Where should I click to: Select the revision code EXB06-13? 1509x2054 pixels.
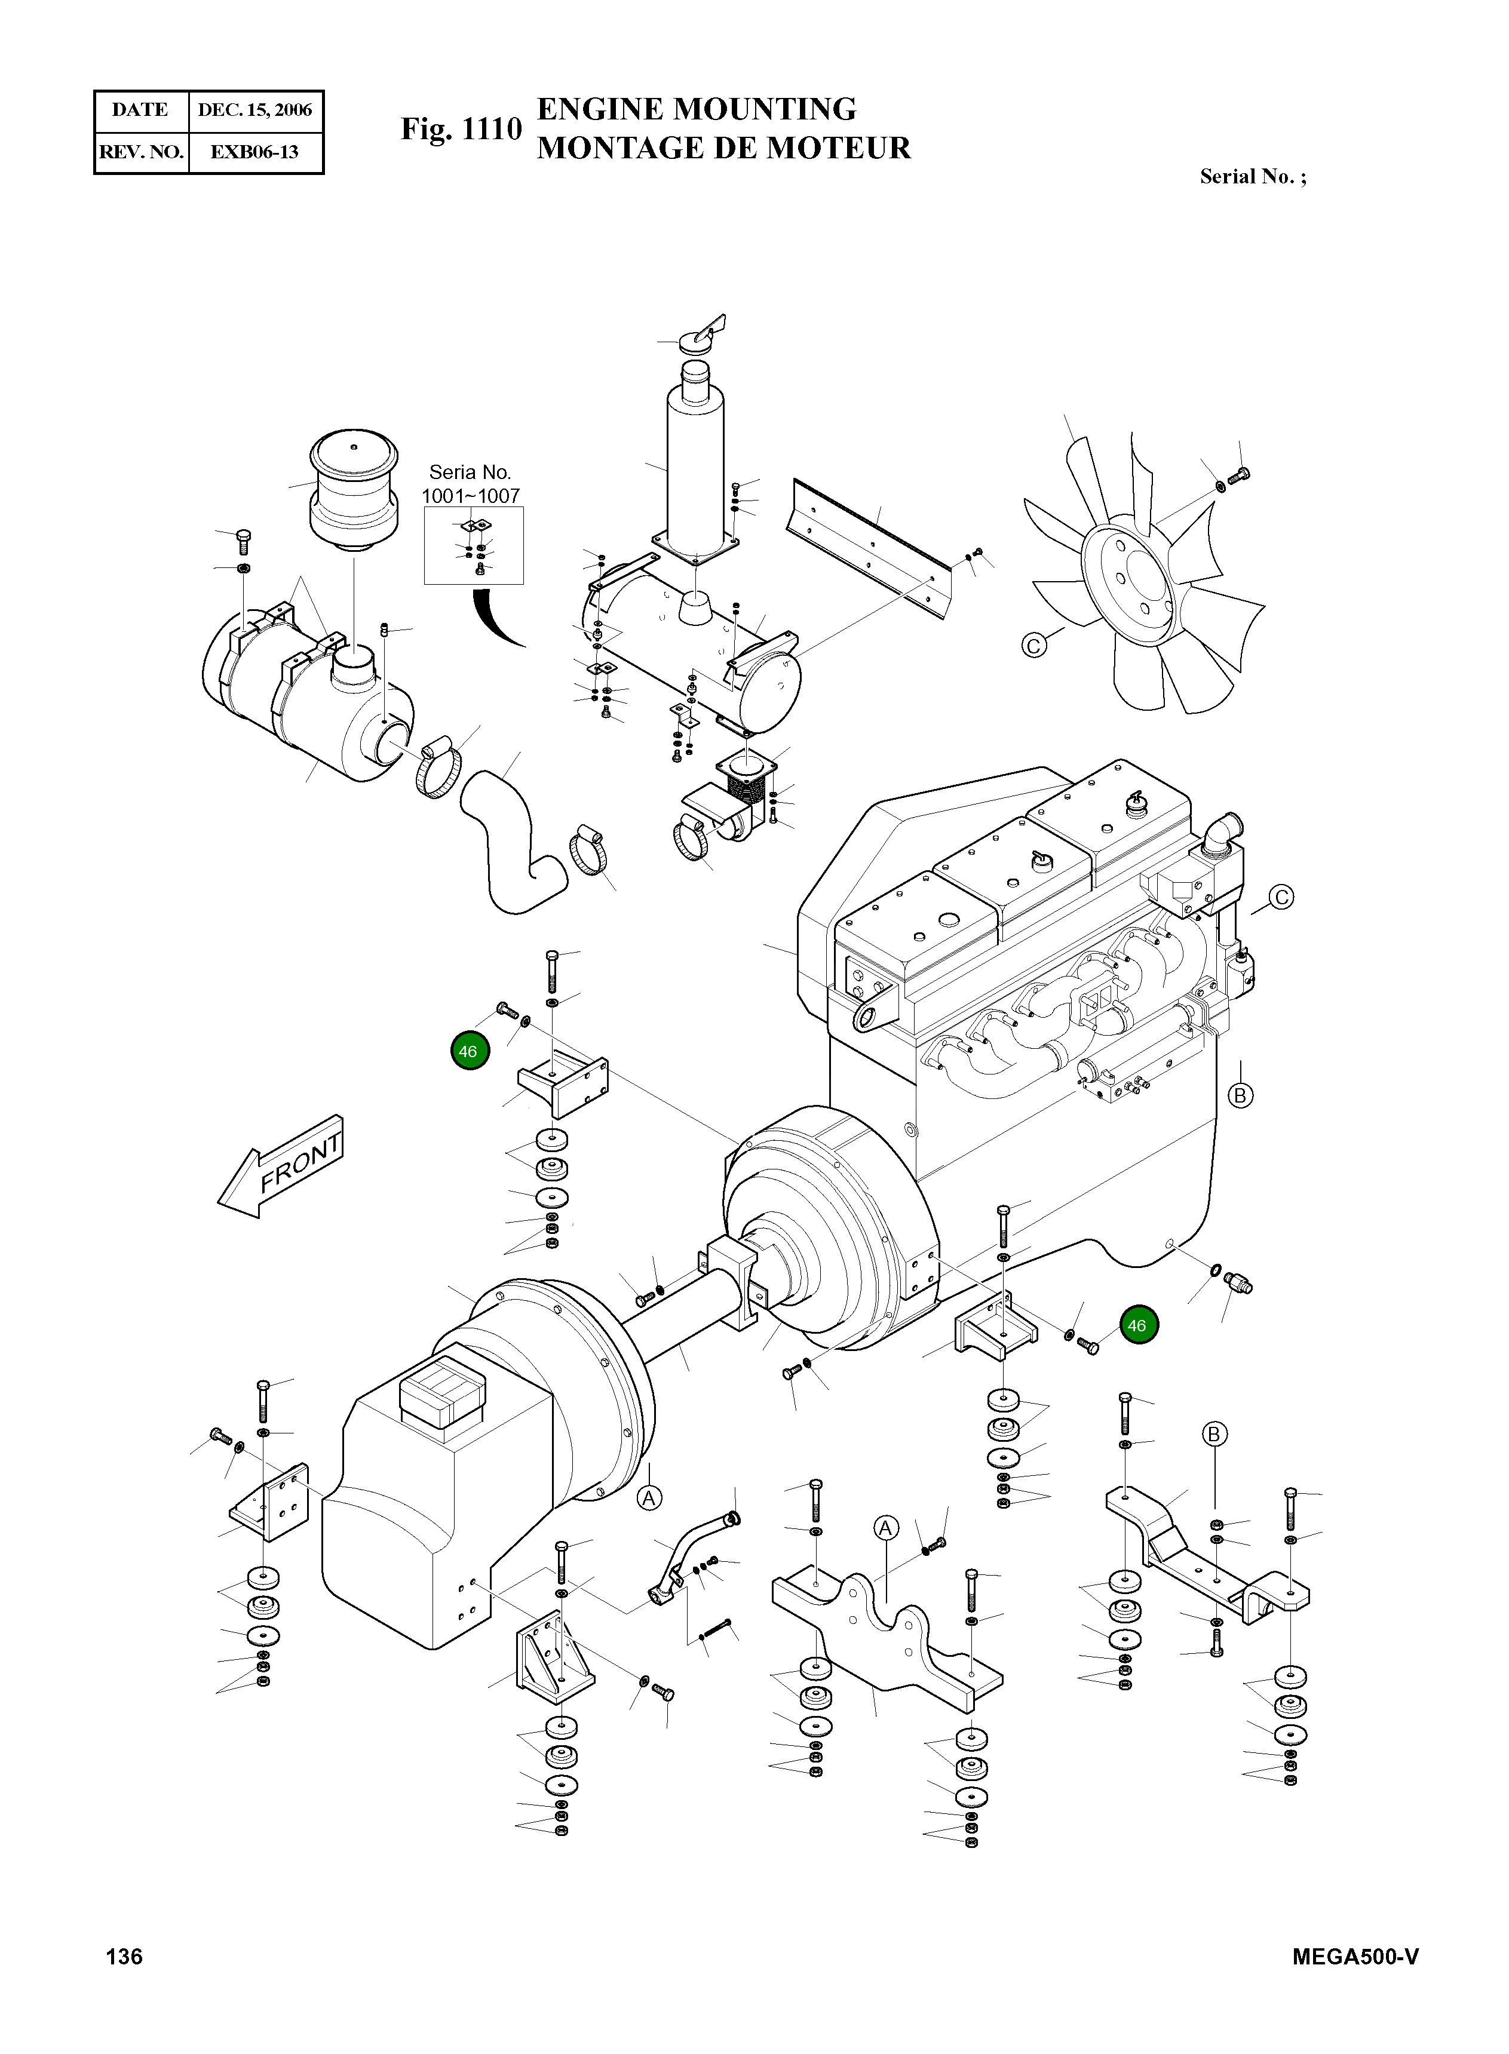(255, 152)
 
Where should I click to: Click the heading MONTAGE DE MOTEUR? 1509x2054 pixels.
(723, 148)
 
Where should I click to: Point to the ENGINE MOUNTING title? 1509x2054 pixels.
(696, 109)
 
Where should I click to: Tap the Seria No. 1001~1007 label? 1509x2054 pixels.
(470, 484)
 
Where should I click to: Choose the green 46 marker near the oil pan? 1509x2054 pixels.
(1137, 1325)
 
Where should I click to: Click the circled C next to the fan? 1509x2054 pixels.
(1033, 646)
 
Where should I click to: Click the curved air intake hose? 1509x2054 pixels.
(507, 840)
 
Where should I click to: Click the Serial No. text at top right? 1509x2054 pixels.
(1252, 177)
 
